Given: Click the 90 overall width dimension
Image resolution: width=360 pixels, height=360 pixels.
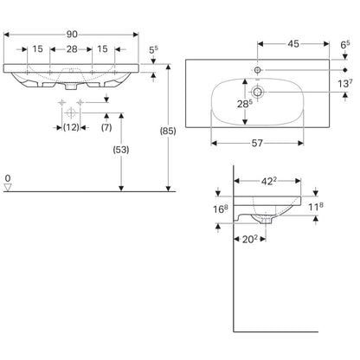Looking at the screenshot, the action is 72,35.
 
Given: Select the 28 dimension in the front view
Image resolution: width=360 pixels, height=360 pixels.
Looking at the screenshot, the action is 72,49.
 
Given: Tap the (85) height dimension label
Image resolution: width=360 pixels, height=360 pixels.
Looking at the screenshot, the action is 168,132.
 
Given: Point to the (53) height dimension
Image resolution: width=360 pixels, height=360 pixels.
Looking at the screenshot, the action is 121,150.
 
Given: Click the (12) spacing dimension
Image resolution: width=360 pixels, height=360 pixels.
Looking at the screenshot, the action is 71,127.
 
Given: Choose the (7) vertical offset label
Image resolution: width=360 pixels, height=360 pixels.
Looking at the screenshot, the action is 106,127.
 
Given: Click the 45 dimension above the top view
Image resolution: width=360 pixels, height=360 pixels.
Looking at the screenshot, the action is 293,44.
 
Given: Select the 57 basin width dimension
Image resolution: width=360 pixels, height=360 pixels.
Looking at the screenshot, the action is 257,143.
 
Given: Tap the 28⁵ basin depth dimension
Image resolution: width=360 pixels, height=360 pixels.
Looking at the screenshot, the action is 245,104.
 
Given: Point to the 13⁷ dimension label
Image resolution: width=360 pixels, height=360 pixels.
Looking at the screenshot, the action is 345,83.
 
